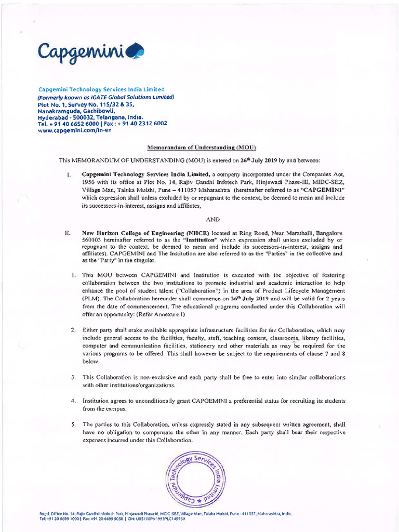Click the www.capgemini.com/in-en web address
74,130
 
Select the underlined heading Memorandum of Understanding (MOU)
203,148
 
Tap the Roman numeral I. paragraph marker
69,174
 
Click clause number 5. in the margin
74,424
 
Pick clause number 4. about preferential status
74,401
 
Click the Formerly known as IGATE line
105,97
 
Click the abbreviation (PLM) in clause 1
90,299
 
